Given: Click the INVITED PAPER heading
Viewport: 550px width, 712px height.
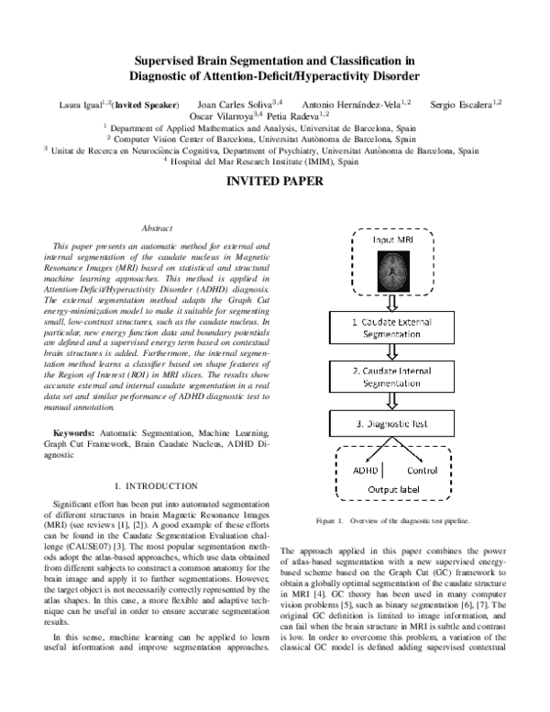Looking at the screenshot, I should coord(274,182).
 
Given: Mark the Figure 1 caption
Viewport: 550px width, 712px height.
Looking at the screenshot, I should coord(392,521).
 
